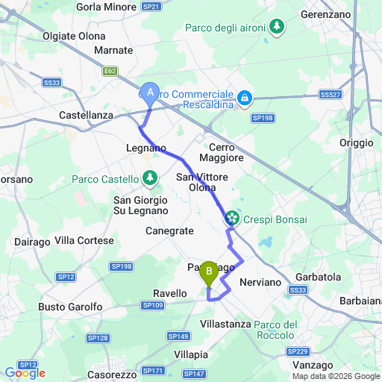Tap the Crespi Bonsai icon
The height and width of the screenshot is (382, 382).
(x=232, y=218)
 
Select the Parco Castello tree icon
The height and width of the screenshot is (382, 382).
(x=151, y=179)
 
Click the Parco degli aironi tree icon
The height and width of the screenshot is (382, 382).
(x=278, y=28)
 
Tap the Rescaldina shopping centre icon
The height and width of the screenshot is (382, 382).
(x=244, y=98)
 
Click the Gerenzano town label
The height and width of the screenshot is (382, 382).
(x=325, y=14)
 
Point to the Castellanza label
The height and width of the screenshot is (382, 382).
(x=86, y=116)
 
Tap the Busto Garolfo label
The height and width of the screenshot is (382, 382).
(x=69, y=307)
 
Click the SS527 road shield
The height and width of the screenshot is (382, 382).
(x=329, y=95)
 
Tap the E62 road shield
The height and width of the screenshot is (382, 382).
(x=110, y=71)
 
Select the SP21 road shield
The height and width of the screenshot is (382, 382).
(x=151, y=7)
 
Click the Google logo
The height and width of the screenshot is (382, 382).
(x=25, y=372)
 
